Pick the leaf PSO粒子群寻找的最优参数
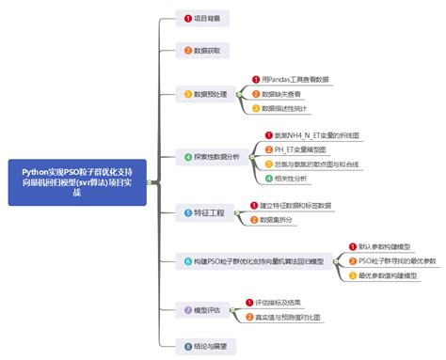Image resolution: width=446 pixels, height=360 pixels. pos(397,260)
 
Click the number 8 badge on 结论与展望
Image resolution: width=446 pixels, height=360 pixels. pos(188,345)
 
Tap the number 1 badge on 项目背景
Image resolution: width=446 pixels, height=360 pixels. pos(188,18)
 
